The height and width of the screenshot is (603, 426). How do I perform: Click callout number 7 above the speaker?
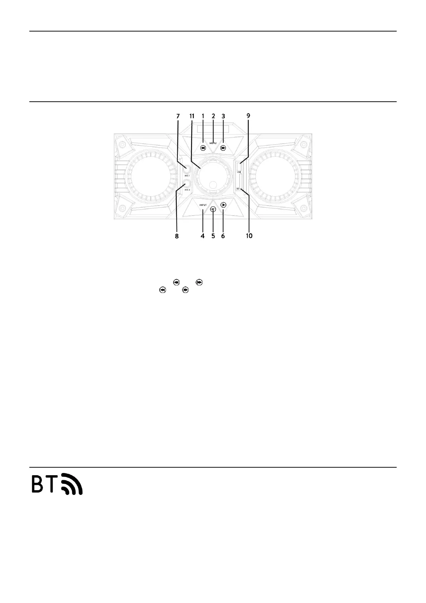178,116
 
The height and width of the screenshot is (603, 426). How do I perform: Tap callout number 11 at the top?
192,116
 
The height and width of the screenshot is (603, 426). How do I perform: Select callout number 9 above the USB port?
248,116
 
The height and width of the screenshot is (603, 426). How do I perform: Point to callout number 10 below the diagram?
249,236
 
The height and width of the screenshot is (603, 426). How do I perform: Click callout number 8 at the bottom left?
177,236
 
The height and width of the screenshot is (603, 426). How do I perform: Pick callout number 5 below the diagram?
213,236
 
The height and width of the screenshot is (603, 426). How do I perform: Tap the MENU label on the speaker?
213,143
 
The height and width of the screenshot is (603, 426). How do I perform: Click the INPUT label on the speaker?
203,205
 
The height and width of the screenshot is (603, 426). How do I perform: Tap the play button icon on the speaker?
224,205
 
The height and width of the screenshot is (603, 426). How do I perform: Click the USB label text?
239,172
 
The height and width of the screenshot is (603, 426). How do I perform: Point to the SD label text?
238,188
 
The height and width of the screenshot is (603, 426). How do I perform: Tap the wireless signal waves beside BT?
73,484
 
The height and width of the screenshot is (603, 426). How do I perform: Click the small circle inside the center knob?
213,185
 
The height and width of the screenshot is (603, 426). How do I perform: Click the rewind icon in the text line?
176,282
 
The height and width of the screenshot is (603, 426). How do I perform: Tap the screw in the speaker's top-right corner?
303,145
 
